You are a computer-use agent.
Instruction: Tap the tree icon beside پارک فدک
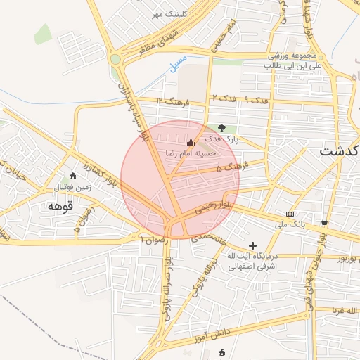pos(222,129)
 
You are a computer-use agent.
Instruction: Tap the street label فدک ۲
pos(224,98)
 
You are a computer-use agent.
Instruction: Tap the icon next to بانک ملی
pos(290,213)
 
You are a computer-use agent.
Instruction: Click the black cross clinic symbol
pos(253,245)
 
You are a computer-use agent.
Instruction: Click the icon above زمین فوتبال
pos(74,176)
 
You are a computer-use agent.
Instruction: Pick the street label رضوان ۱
pos(155,240)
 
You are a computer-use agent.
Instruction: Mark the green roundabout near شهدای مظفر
pos(115,59)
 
